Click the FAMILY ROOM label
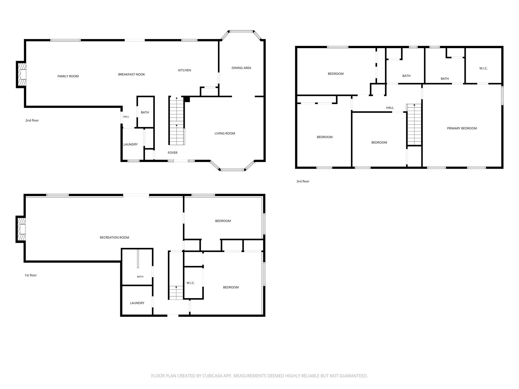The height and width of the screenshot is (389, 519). click(x=68, y=76)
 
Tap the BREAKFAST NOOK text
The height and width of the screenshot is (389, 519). click(x=132, y=74)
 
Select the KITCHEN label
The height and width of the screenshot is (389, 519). click(x=184, y=70)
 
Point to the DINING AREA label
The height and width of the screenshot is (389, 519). click(x=241, y=68)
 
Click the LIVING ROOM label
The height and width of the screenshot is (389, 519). click(x=225, y=133)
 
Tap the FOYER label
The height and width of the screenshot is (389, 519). click(x=173, y=153)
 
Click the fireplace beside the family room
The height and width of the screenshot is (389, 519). click(x=21, y=74)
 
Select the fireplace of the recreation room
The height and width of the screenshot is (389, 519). click(x=21, y=229)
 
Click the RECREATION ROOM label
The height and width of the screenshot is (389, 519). click(x=114, y=238)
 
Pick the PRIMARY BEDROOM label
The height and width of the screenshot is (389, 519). click(x=462, y=128)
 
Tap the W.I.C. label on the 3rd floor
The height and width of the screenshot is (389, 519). click(x=483, y=68)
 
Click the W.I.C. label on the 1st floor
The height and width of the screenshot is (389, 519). click(x=191, y=283)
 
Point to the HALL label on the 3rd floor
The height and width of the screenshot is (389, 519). click(x=390, y=108)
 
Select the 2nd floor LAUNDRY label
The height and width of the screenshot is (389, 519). click(x=131, y=145)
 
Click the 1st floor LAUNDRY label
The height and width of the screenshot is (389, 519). click(x=137, y=303)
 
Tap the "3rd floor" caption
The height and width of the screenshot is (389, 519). click(x=303, y=181)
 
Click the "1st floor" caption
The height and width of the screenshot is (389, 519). click(x=31, y=275)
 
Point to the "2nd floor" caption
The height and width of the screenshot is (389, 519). click(x=32, y=121)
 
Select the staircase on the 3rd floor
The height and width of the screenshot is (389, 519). click(x=414, y=124)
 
